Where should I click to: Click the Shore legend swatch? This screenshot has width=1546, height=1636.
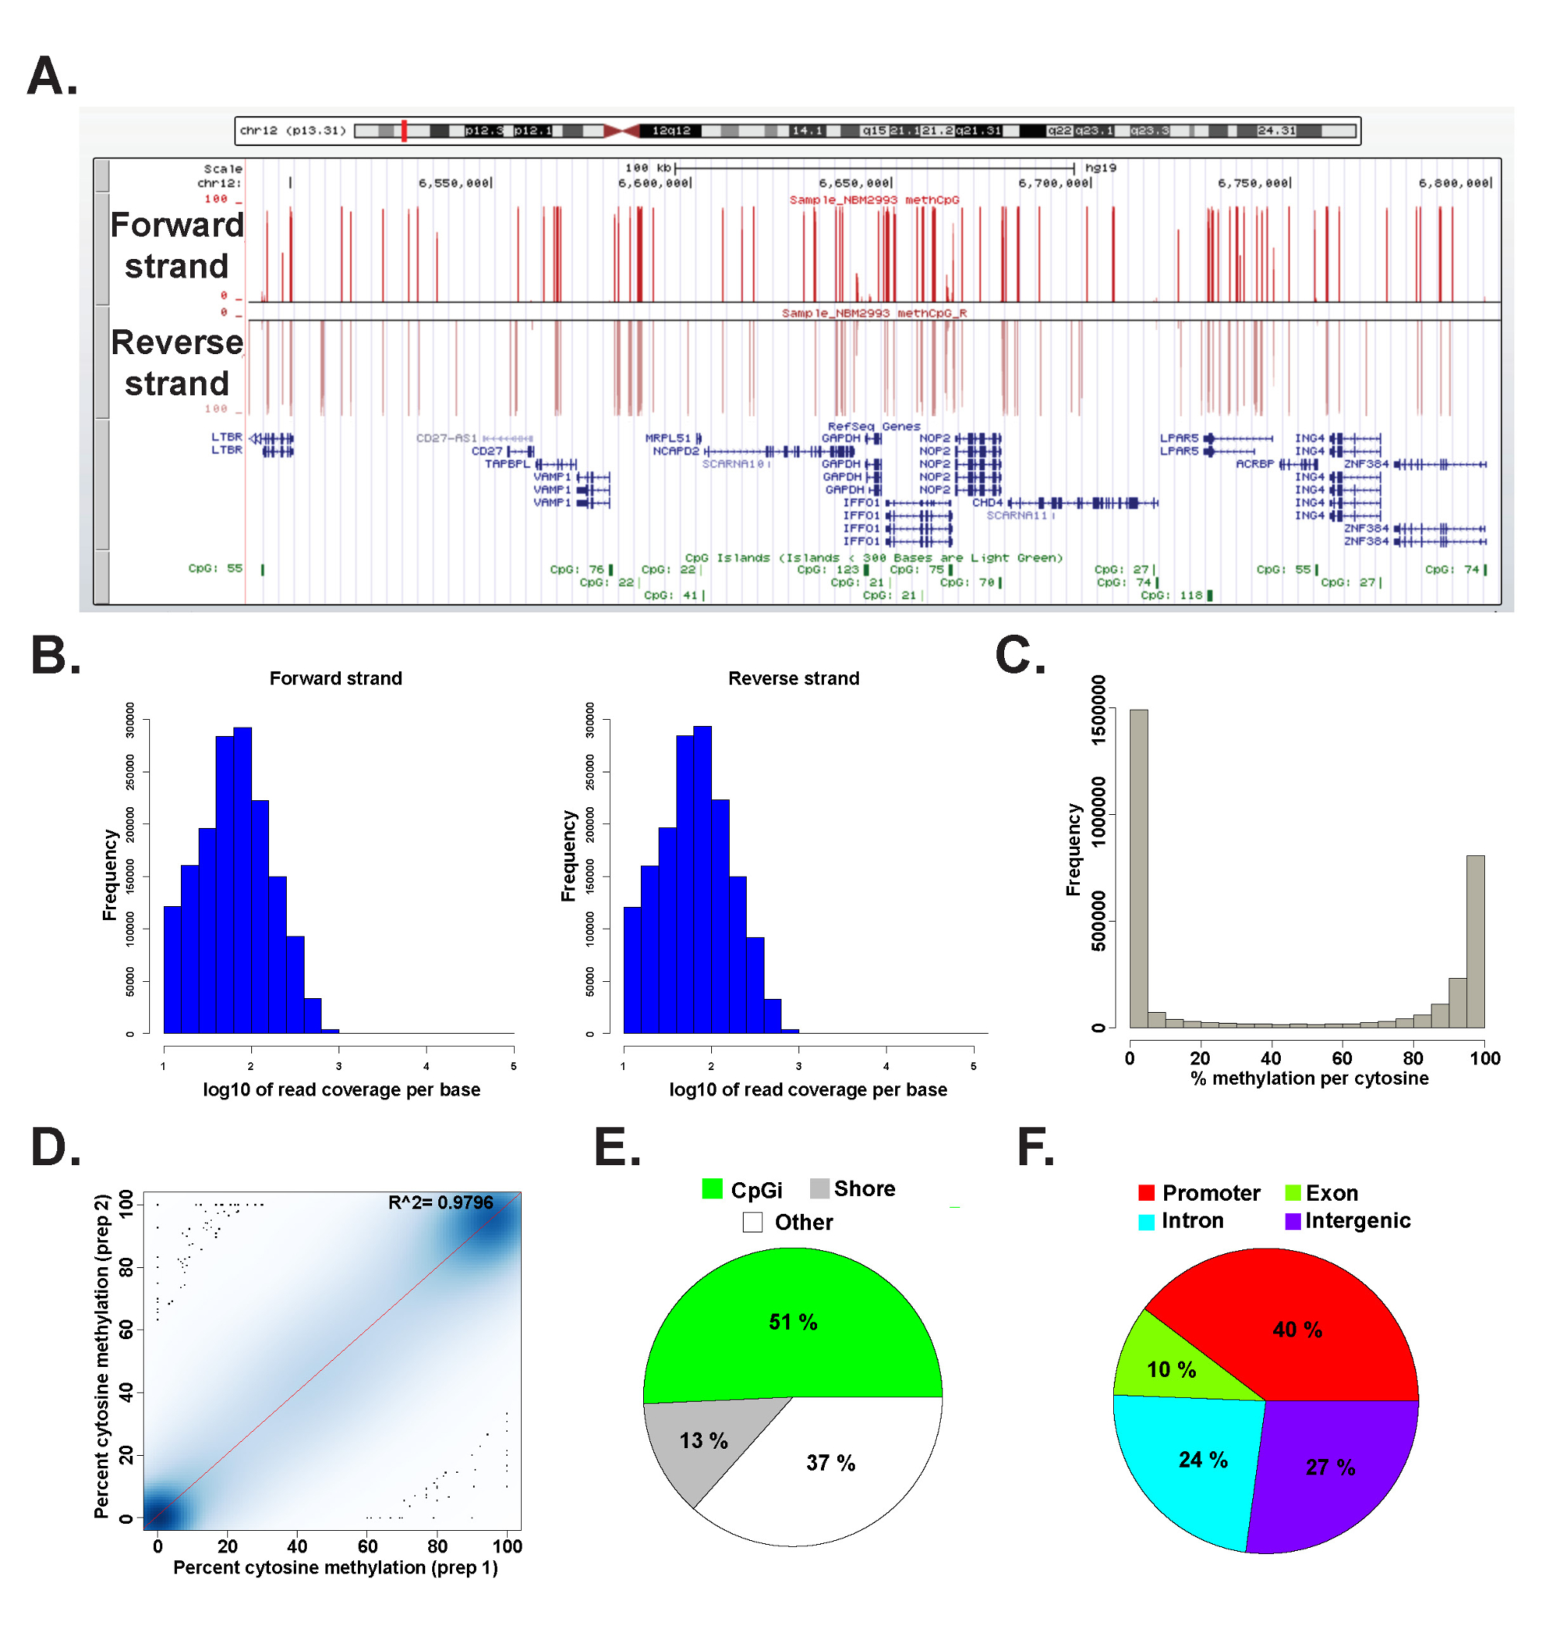pyautogui.click(x=819, y=1188)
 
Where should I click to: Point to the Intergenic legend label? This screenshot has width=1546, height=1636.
pyautogui.click(x=1357, y=1221)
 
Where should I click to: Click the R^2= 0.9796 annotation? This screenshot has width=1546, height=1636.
pyautogui.click(x=440, y=1202)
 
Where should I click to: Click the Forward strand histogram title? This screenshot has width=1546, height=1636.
pyautogui.click(x=335, y=678)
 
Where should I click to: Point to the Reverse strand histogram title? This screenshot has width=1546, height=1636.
pyautogui.click(x=793, y=678)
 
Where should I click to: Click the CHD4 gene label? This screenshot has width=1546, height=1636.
pyautogui.click(x=986, y=503)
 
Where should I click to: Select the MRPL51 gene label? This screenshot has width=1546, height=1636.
pyautogui.click(x=668, y=438)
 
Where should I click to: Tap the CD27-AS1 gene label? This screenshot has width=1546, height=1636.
pyautogui.click(x=446, y=438)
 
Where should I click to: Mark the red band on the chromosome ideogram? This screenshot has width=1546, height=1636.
pyautogui.click(x=404, y=130)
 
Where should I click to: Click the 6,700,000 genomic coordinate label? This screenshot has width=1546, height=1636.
pyautogui.click(x=1053, y=183)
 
